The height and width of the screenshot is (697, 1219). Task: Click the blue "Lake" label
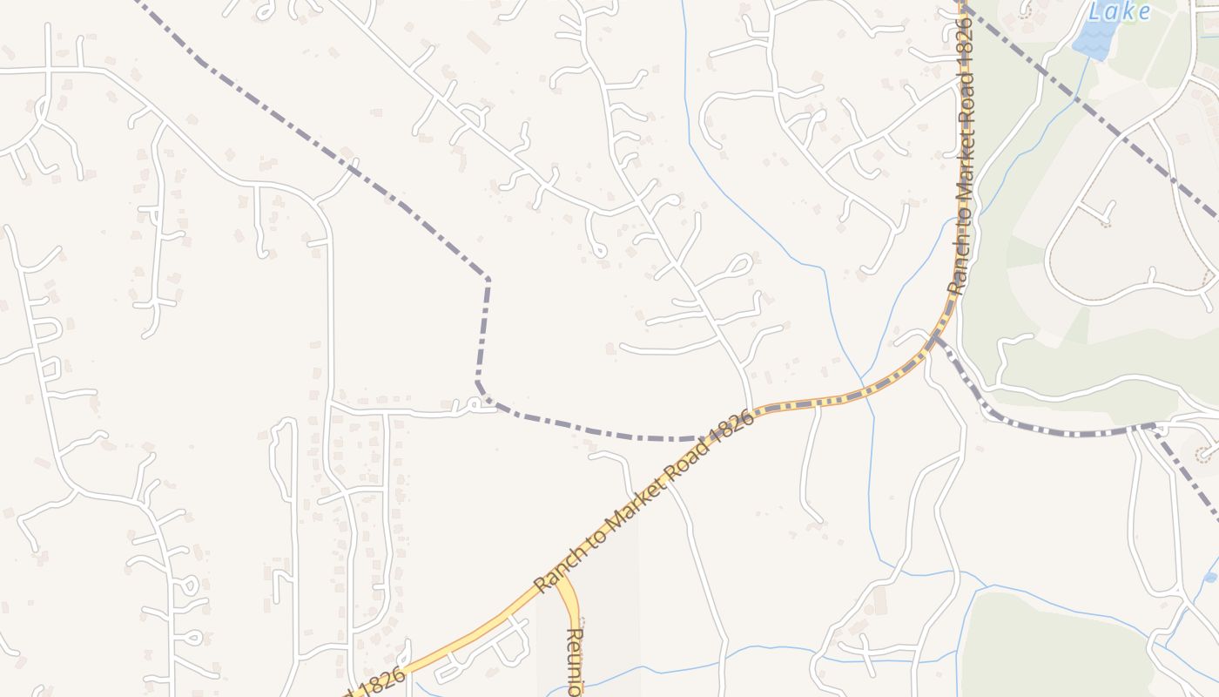tap(1120, 11)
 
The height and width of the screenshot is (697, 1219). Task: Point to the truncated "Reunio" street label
tap(574, 660)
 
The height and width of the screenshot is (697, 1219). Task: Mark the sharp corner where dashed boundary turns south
tap(487, 278)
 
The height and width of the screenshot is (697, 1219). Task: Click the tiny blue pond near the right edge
tap(1210, 578)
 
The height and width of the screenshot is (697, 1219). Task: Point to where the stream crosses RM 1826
tap(862, 387)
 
